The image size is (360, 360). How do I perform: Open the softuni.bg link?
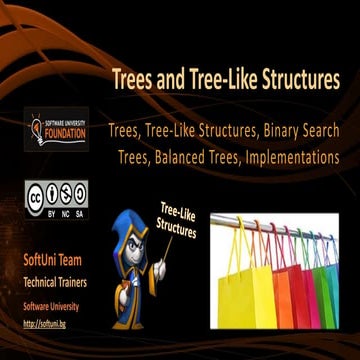[40, 323]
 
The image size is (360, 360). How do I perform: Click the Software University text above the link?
[50, 306]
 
